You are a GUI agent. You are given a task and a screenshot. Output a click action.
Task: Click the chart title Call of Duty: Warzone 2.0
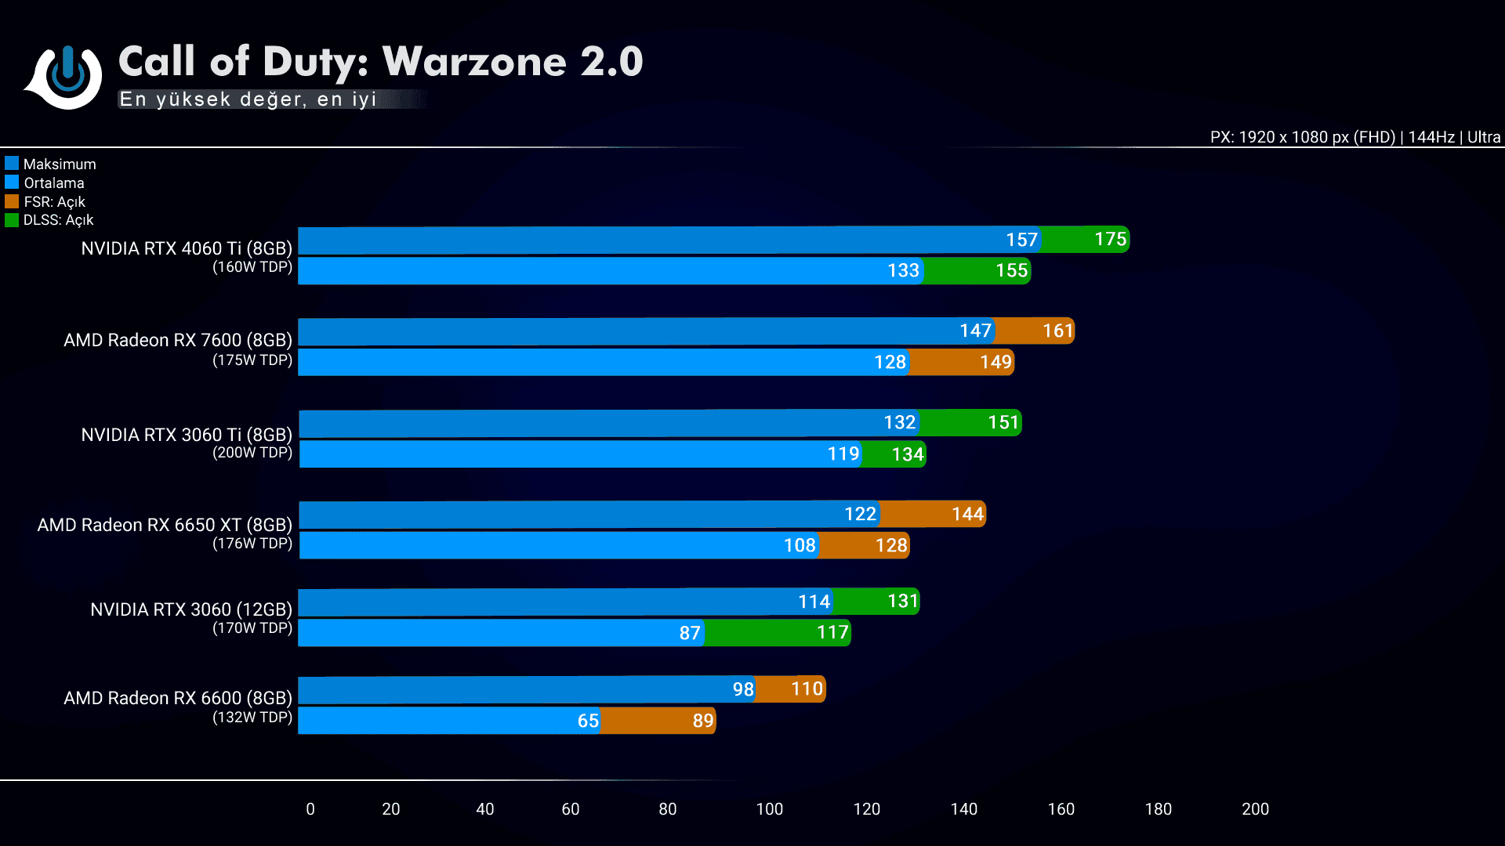(380, 61)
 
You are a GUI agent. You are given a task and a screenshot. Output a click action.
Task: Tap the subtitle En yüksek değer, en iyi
(248, 99)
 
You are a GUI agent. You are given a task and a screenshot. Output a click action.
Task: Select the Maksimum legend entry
(51, 164)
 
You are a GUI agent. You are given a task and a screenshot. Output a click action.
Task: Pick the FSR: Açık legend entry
(45, 201)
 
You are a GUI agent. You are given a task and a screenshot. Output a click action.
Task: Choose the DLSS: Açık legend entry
(49, 220)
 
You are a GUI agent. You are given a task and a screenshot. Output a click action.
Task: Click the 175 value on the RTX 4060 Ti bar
(1110, 239)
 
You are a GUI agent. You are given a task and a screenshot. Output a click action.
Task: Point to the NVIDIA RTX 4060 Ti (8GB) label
(187, 248)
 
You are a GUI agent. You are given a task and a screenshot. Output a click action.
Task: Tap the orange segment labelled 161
(1035, 331)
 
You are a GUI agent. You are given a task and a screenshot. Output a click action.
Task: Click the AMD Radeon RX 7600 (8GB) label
(178, 340)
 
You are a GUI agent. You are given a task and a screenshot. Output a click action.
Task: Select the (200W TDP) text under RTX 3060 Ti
(252, 453)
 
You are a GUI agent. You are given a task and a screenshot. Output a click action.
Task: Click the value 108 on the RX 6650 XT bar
(800, 545)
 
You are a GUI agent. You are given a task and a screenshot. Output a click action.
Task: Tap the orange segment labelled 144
(933, 514)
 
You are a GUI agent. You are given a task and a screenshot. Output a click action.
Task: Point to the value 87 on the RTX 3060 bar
(690, 633)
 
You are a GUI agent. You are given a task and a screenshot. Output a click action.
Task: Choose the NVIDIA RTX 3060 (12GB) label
(191, 609)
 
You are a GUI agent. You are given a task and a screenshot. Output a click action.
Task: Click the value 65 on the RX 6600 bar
(588, 721)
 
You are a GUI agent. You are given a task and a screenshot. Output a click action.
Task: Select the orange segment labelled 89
(658, 721)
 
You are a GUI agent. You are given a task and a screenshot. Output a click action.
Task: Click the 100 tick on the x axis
(770, 809)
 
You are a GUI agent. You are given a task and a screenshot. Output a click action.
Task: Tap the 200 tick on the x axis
(1255, 809)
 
